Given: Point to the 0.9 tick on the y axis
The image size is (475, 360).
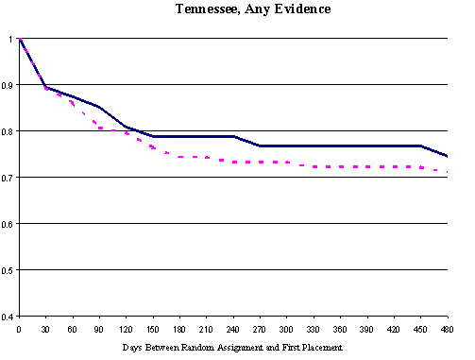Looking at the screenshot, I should pyautogui.click(x=8, y=85).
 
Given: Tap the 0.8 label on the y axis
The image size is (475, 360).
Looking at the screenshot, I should pyautogui.click(x=8, y=131).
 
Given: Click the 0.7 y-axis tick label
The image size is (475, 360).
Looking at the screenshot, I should pyautogui.click(x=8, y=178).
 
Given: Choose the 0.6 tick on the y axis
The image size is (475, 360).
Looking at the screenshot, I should pyautogui.click(x=8, y=224).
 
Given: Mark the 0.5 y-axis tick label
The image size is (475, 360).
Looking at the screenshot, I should pyautogui.click(x=8, y=270).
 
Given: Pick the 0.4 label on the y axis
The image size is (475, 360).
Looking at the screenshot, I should pyautogui.click(x=8, y=317).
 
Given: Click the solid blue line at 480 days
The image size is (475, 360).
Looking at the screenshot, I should pyautogui.click(x=447, y=156).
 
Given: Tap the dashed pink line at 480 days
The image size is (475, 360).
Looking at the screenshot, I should pyautogui.click(x=447, y=172).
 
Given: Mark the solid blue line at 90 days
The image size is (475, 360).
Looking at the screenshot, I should pyautogui.click(x=98, y=107).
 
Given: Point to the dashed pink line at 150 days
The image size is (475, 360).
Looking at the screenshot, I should pyautogui.click(x=152, y=148).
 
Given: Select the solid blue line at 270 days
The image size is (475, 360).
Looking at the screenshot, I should pyautogui.click(x=260, y=146).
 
